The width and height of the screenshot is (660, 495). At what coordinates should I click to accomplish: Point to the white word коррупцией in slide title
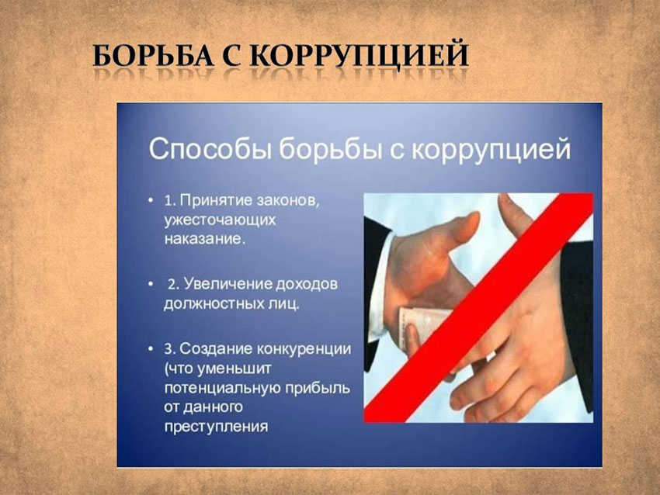pos(491,149)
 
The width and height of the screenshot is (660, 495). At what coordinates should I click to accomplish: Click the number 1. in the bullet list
pos(169,200)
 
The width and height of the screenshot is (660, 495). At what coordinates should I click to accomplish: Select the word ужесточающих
pos(221,220)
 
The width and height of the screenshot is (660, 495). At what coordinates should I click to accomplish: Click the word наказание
pos(204,239)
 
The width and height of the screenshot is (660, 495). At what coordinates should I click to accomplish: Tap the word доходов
pos(307,285)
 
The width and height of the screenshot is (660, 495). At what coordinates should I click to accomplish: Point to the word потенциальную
pos(222,388)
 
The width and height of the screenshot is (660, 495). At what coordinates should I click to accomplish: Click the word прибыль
pos(318,388)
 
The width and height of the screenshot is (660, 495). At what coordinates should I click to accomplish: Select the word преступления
pos(216,427)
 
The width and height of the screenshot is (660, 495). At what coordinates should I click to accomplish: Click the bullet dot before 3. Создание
pos(151,349)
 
